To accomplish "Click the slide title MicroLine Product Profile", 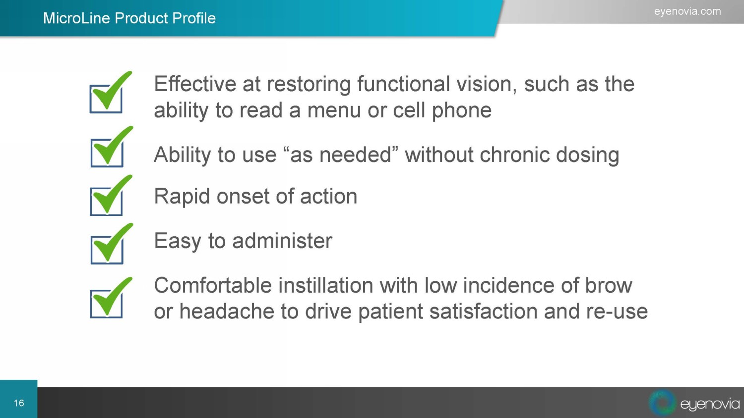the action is click(129, 18).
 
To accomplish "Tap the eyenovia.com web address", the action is click(687, 11).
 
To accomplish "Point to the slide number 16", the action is click(19, 403).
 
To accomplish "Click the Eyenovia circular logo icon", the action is click(662, 403).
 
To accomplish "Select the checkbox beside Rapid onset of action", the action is click(106, 202).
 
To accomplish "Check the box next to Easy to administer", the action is click(107, 250).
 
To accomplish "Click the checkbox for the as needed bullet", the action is click(107, 153).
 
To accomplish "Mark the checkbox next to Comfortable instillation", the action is click(106, 304).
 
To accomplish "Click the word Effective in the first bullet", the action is click(195, 84).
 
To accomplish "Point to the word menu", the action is click(334, 110).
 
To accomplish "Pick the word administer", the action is click(282, 241).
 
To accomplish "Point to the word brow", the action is click(609, 285).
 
